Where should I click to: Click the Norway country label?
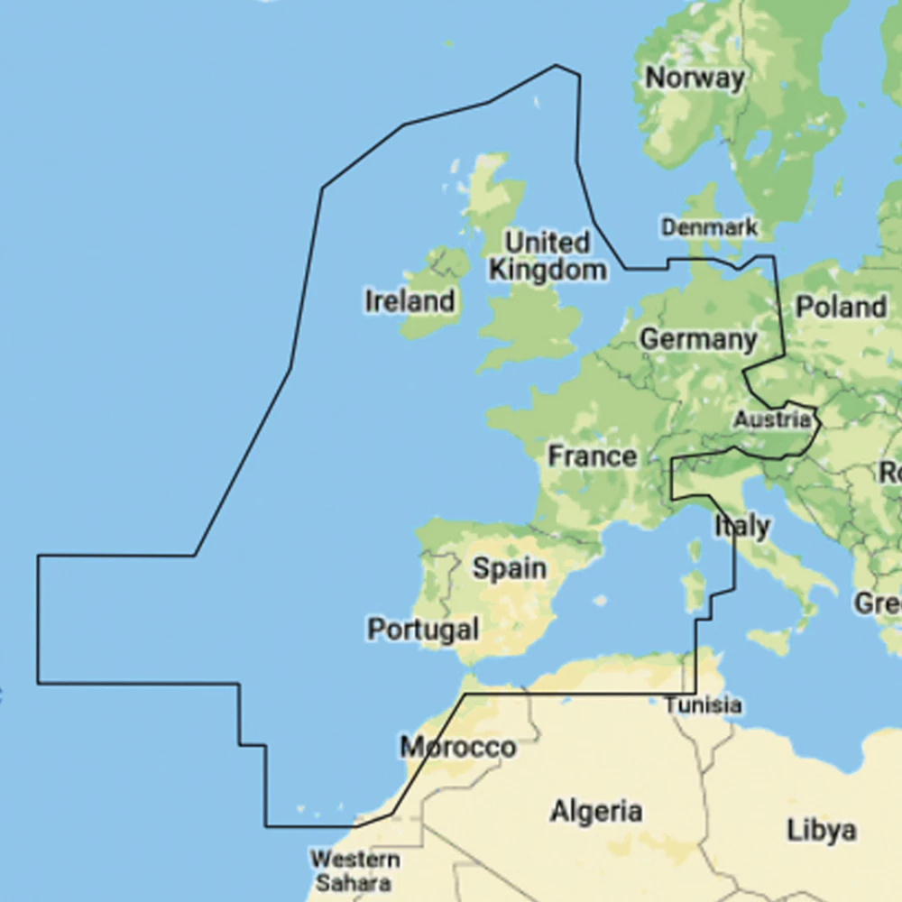pyautogui.click(x=695, y=78)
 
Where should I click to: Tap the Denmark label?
pyautogui.click(x=709, y=227)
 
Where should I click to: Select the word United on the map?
pyautogui.click(x=547, y=243)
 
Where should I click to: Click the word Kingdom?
pyautogui.click(x=547, y=270)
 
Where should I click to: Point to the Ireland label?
pyautogui.click(x=410, y=301)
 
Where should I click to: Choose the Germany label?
pyautogui.click(x=698, y=340)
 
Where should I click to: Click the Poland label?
pyautogui.click(x=840, y=308)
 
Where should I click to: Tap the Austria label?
pyautogui.click(x=771, y=419)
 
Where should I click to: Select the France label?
pyautogui.click(x=592, y=456)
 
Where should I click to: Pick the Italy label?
pyautogui.click(x=742, y=526)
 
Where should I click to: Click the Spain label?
pyautogui.click(x=510, y=569)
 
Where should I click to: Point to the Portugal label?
pyautogui.click(x=422, y=629)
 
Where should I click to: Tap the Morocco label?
pyautogui.click(x=458, y=748)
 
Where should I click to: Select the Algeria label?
pyautogui.click(x=596, y=812)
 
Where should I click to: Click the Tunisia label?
pyautogui.click(x=704, y=705)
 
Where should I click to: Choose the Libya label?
pyautogui.click(x=821, y=830)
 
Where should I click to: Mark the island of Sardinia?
pyautogui.click(x=693, y=591)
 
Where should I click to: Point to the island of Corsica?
pyautogui.click(x=695, y=549)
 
